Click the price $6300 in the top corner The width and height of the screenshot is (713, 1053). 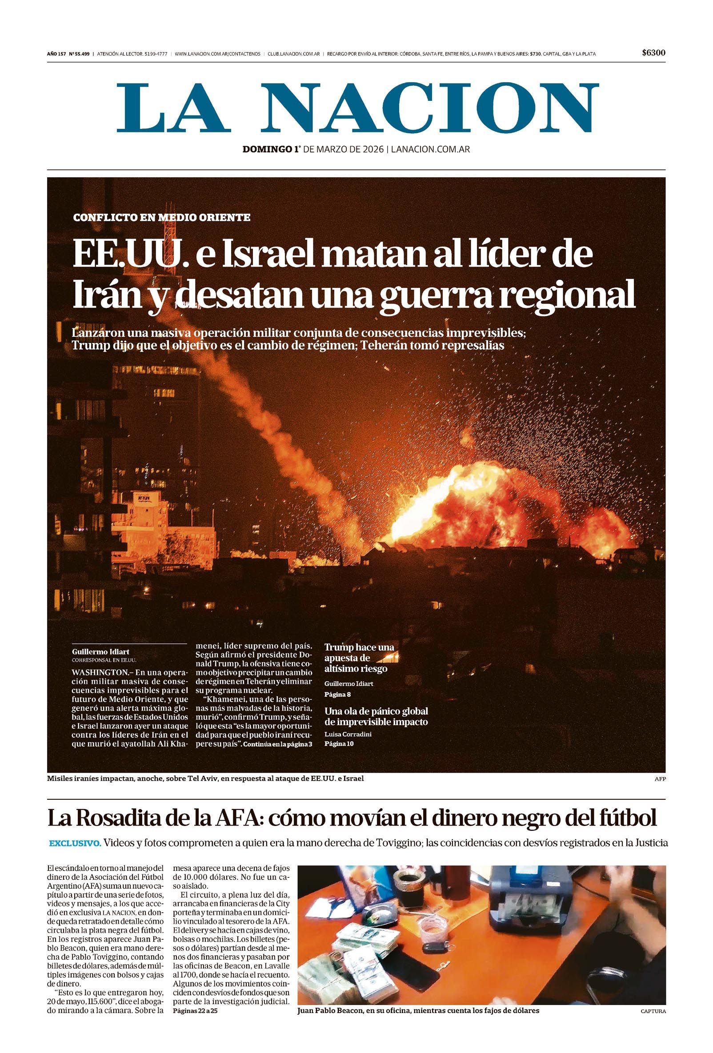653,53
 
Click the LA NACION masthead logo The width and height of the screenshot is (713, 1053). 358,108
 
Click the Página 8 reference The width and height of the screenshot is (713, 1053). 337,694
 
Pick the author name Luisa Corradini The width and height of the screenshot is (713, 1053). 348,734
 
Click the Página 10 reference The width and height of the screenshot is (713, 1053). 339,745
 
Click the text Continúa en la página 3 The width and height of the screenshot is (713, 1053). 277,757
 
